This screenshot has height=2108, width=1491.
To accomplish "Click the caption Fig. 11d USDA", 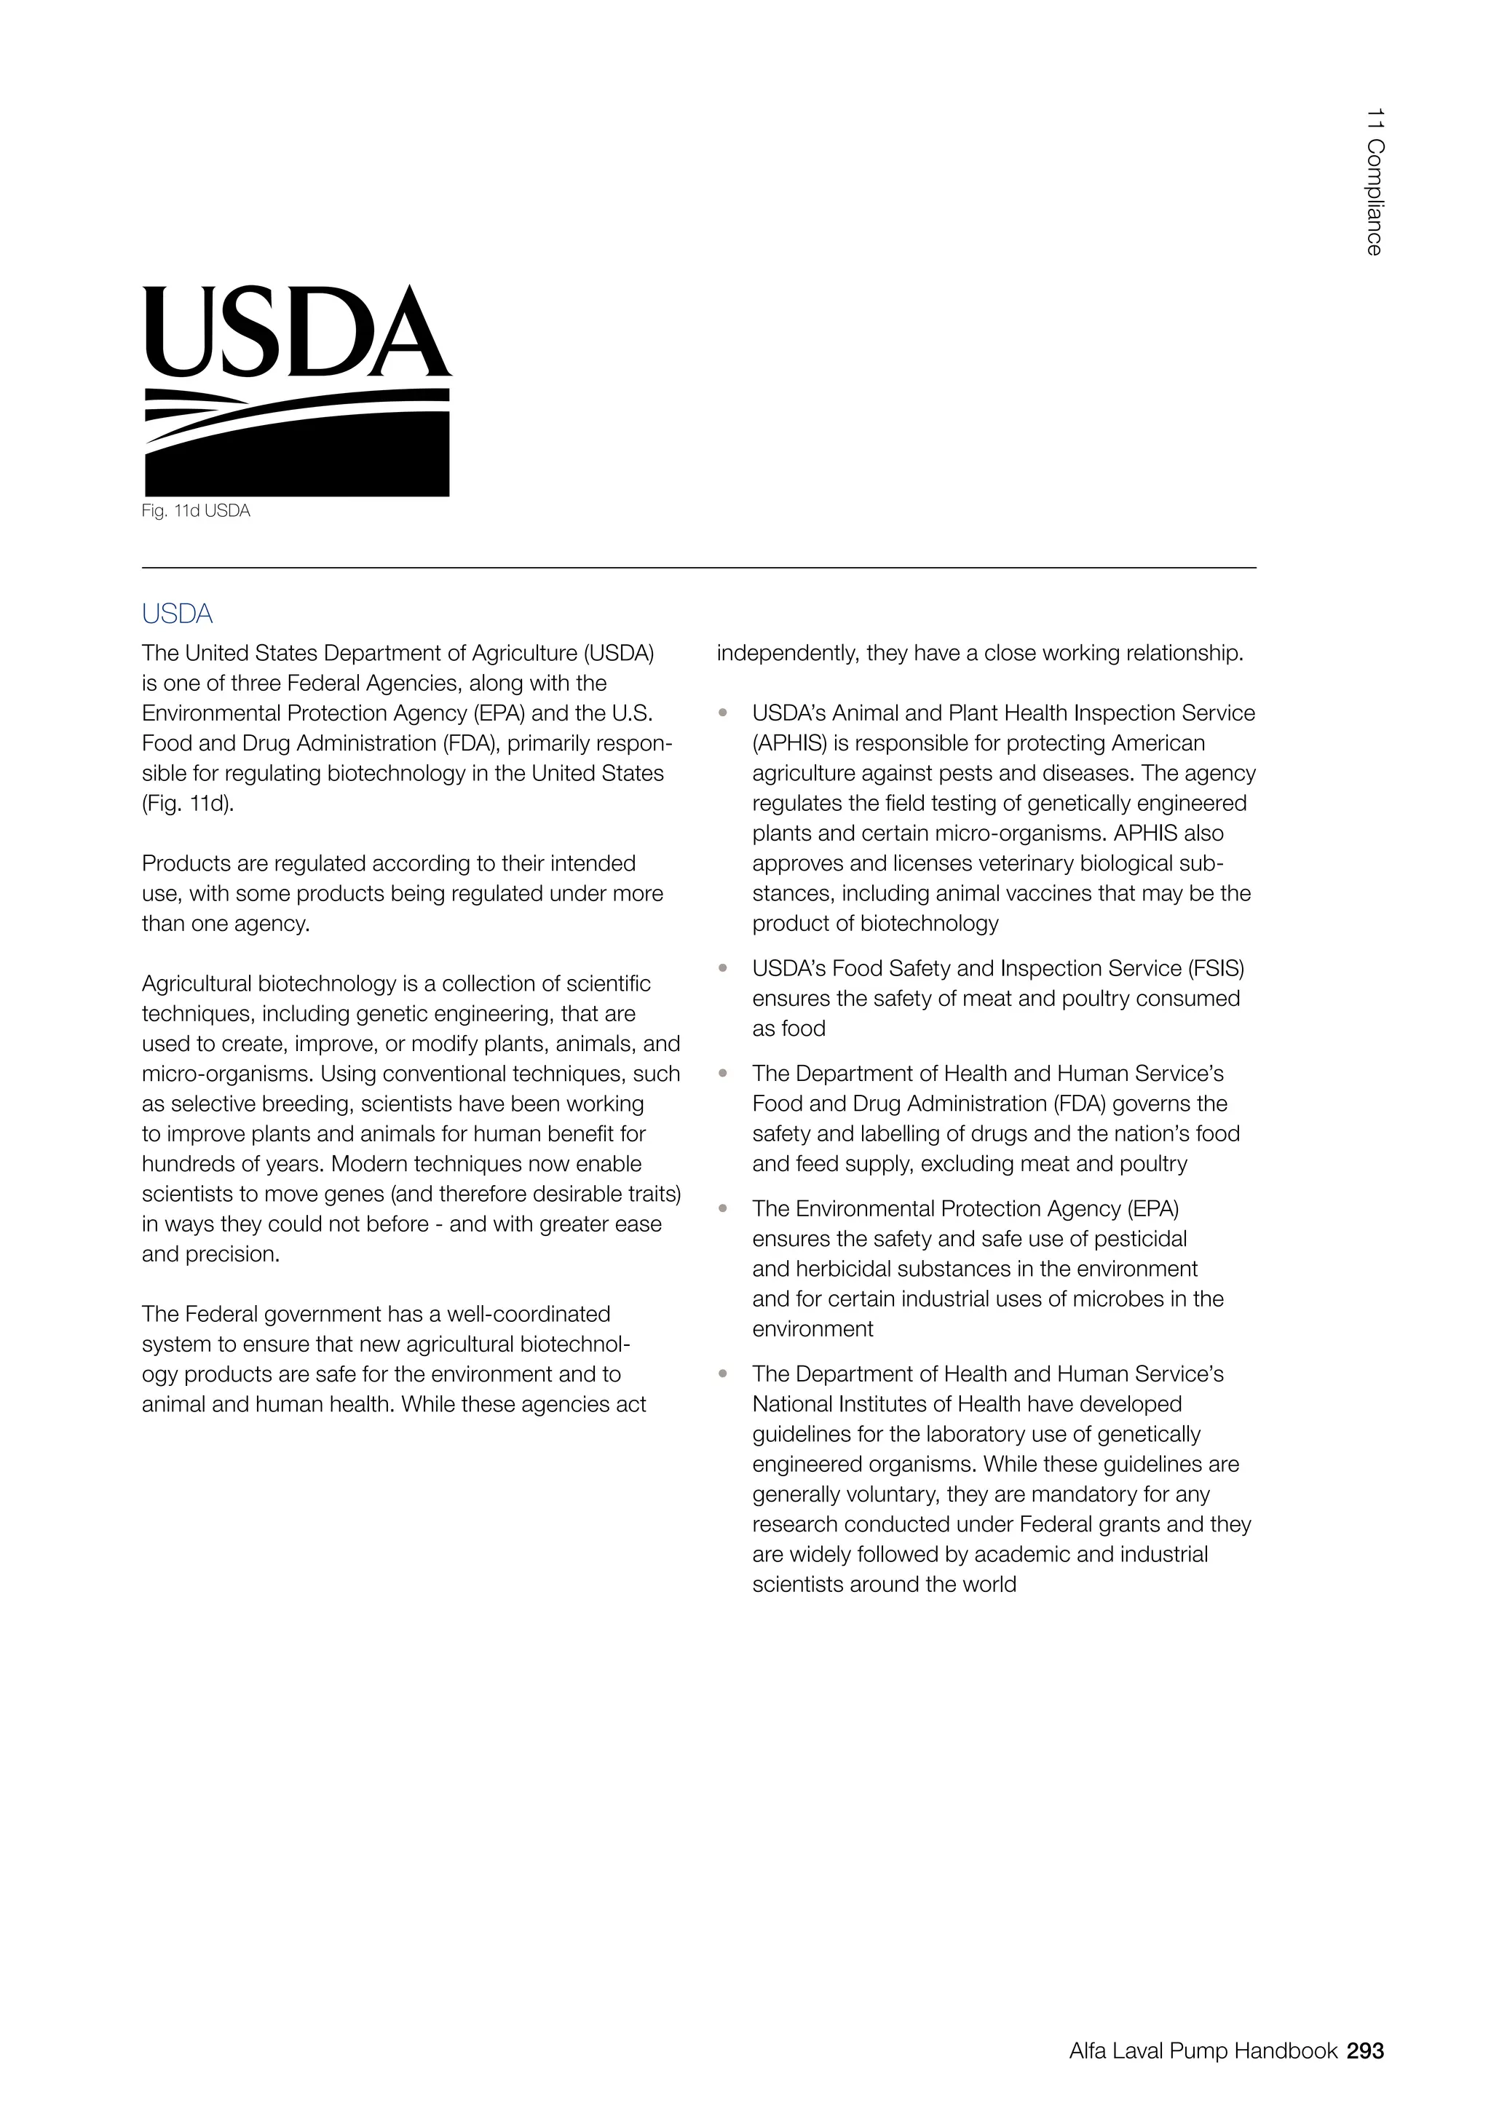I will [196, 512].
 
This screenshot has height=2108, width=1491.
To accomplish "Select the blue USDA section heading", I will [177, 614].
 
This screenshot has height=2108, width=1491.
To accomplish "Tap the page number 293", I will [1365, 2050].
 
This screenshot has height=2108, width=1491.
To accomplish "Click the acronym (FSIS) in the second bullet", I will [1217, 969].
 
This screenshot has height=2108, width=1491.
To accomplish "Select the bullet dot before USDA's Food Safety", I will [724, 967].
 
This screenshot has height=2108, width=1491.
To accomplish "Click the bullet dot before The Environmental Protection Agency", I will [724, 1208].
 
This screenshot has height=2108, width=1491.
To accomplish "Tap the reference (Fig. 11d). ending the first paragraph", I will [189, 804].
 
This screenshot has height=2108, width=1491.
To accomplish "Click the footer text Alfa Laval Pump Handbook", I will [1203, 2050].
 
